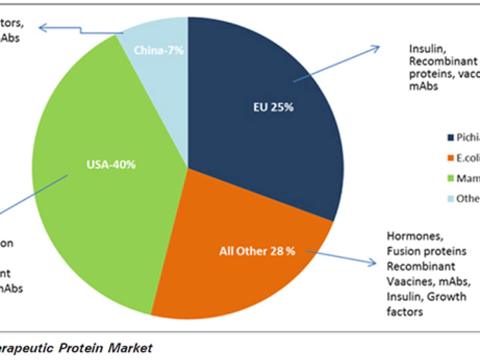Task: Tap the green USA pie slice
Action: tap(100, 200)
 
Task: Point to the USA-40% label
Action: tap(111, 164)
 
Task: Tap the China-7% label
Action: tap(158, 51)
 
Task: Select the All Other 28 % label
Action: tap(257, 252)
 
